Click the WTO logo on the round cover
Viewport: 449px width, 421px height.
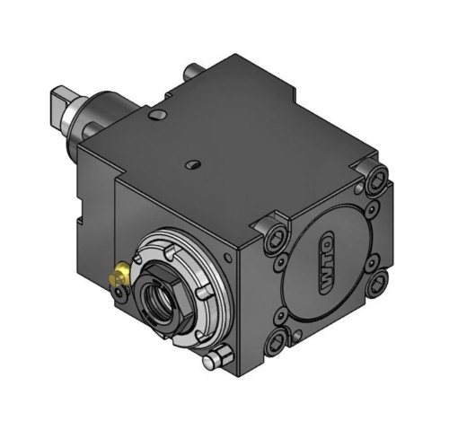pos(326,263)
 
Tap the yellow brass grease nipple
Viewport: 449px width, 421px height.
pos(119,274)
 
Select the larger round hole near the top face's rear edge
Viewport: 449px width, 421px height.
pos(157,114)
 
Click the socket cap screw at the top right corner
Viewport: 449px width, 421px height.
pos(376,178)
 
